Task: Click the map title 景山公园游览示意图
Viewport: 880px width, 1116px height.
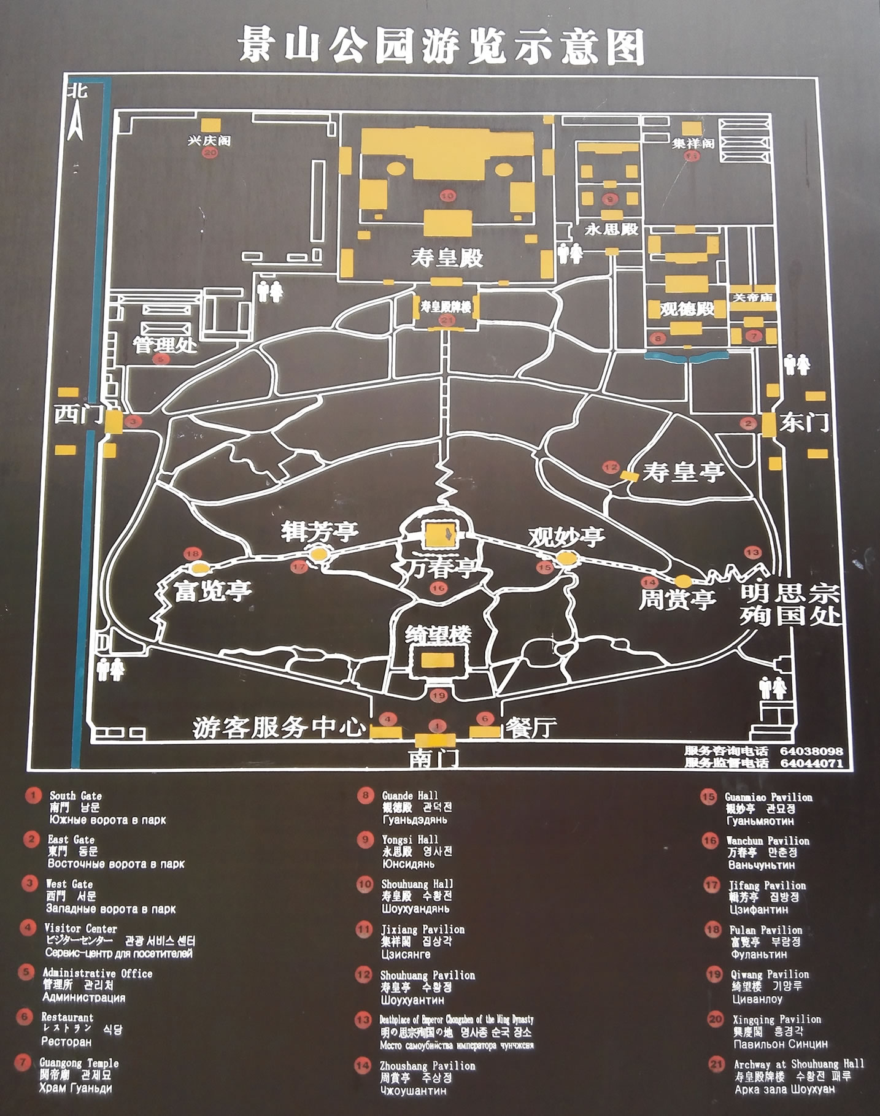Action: (x=441, y=45)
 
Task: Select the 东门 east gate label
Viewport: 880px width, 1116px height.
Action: (x=803, y=421)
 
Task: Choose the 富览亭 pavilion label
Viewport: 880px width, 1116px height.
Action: (x=212, y=590)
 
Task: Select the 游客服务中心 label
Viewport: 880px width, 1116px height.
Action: (x=279, y=727)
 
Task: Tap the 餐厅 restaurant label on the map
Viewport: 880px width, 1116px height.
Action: (x=531, y=727)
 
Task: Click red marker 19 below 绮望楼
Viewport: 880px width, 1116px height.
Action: (x=438, y=695)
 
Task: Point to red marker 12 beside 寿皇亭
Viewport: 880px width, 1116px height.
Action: (x=611, y=467)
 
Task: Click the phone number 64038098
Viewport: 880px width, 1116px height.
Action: (x=811, y=751)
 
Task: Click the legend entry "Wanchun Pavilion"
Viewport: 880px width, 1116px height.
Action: (x=768, y=841)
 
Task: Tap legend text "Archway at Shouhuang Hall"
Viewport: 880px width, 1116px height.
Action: (x=798, y=1064)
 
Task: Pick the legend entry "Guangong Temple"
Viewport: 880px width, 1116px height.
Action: (x=79, y=1063)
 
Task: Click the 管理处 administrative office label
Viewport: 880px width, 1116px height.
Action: (x=166, y=345)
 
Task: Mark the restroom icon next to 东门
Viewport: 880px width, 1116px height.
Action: (x=797, y=364)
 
